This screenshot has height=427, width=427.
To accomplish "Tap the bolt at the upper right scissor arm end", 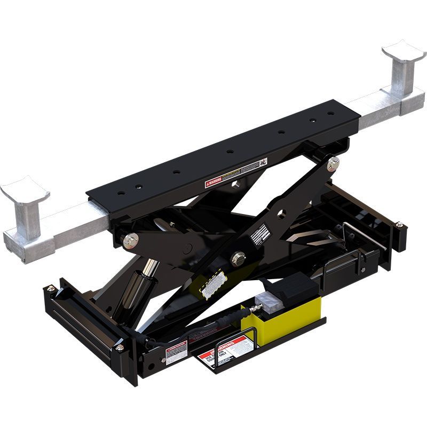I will [334, 162].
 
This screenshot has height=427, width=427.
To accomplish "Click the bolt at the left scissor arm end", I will [129, 241].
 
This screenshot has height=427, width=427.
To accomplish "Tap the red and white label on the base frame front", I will [176, 353].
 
